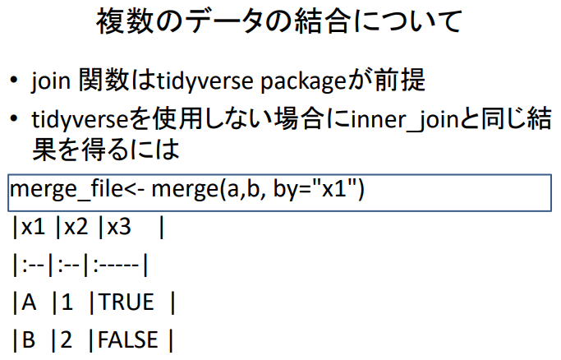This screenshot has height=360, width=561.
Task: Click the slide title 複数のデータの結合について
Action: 280,22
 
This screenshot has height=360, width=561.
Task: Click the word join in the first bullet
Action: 51,81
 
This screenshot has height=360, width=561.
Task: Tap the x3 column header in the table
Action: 119,228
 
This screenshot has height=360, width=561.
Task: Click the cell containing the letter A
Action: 30,302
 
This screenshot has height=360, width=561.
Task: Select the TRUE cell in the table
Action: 126,302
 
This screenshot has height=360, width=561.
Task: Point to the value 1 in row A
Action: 67,302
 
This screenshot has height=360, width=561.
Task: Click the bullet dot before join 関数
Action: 15,82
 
